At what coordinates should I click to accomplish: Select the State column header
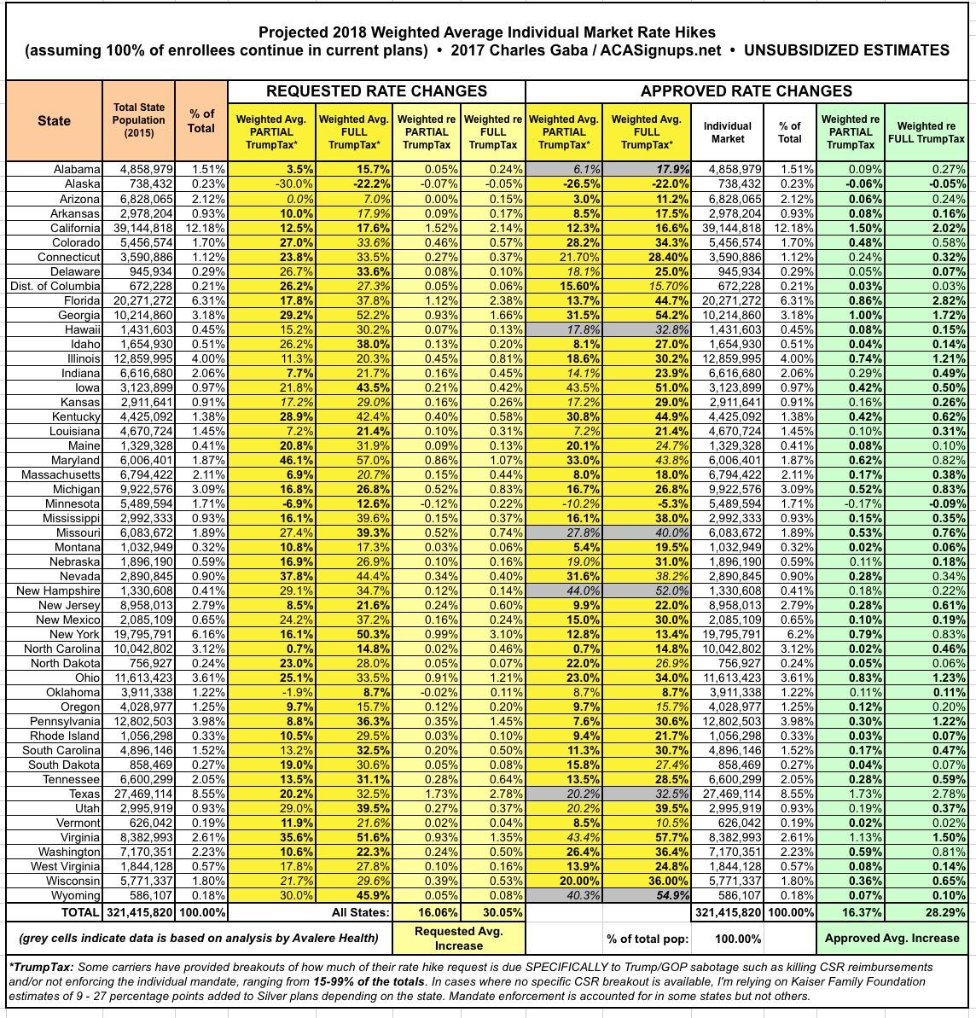(54, 121)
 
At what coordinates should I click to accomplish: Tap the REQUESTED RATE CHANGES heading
(376, 91)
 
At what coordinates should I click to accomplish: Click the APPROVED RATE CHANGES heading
(746, 91)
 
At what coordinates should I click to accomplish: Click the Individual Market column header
(727, 131)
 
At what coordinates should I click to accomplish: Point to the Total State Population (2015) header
(138, 120)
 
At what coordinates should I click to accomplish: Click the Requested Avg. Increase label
(458, 938)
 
